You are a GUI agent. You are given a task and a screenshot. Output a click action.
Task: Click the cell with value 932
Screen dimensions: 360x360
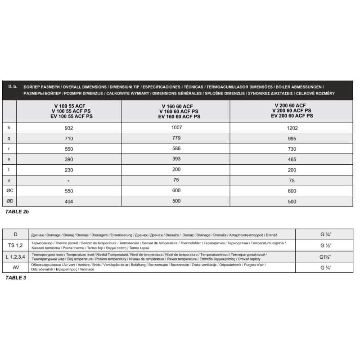click(x=69, y=128)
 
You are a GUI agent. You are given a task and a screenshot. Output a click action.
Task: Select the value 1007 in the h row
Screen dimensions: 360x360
click(x=176, y=127)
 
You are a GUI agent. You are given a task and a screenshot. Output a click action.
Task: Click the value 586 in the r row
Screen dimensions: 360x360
click(x=176, y=148)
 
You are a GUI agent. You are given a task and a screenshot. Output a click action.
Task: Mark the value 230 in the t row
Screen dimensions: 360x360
click(x=69, y=170)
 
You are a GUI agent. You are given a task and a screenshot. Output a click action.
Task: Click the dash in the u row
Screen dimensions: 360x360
click(x=69, y=180)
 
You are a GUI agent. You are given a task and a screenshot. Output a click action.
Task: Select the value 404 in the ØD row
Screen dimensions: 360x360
click(x=69, y=202)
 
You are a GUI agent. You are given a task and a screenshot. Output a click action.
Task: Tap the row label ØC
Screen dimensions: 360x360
click(x=9, y=191)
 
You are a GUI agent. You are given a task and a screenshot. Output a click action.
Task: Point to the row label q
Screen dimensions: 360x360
click(x=9, y=139)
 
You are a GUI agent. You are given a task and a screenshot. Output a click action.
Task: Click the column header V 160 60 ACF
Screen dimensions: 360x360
click(x=176, y=107)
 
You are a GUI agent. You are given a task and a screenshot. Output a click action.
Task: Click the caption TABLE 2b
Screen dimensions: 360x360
click(x=17, y=211)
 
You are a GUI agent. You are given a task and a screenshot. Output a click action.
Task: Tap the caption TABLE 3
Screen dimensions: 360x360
click(x=15, y=278)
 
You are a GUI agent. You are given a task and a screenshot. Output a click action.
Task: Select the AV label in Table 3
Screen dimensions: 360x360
click(x=16, y=267)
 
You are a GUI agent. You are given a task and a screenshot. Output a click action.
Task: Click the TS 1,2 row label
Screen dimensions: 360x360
click(x=16, y=246)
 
